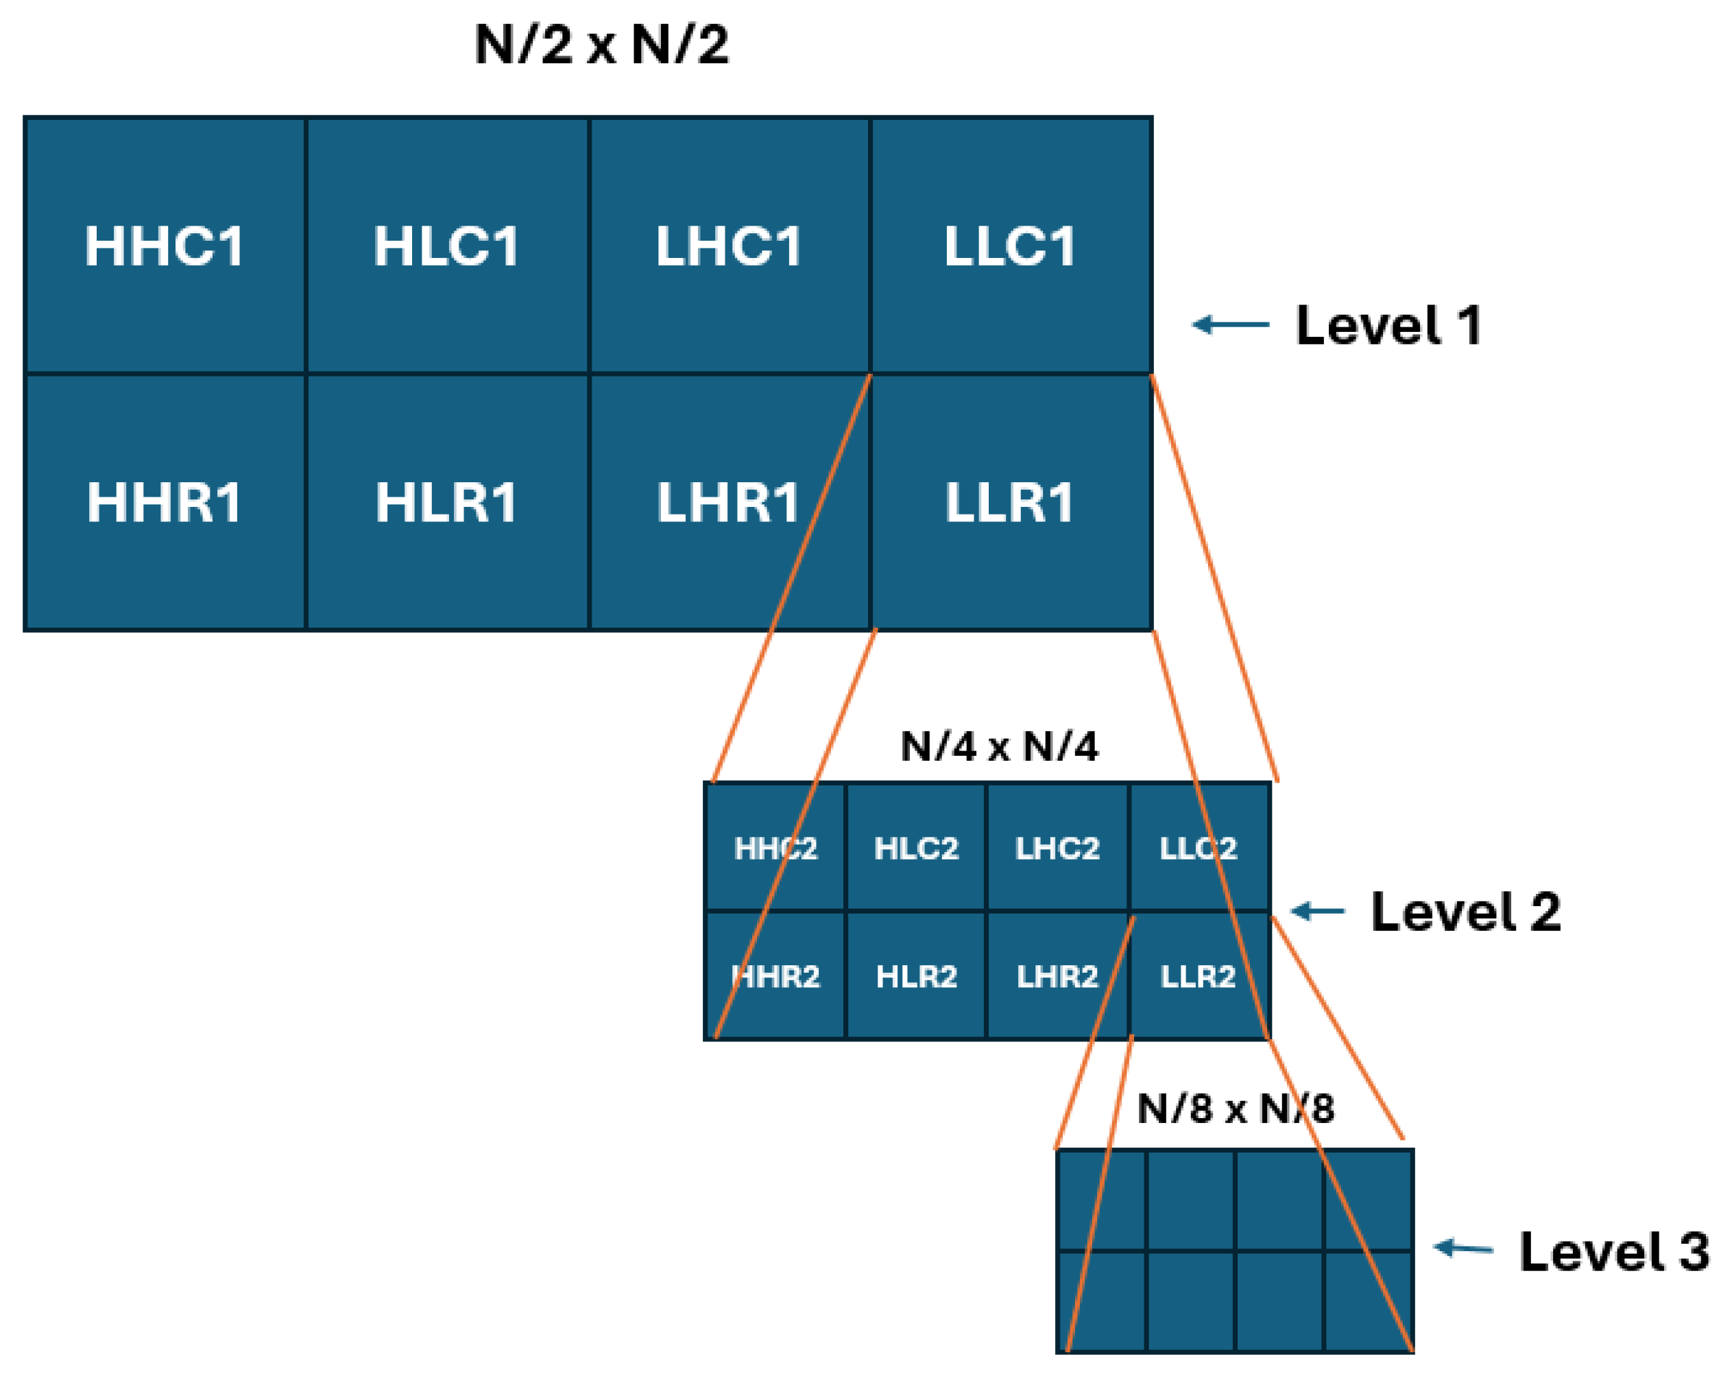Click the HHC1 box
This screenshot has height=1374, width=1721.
coord(165,245)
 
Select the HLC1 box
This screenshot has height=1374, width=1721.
coord(446,245)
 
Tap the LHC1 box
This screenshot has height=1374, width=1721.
coord(728,245)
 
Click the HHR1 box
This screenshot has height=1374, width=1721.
coord(165,502)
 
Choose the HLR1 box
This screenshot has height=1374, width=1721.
coord(446,502)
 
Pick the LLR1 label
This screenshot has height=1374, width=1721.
coord(1010,502)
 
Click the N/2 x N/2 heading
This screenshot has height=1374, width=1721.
coord(601,44)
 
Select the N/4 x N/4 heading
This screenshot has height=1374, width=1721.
coord(998,746)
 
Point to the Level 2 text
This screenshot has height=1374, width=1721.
coord(1465,912)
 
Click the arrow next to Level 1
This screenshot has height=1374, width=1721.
coord(1230,324)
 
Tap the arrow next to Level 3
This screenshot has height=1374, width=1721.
coord(1463,1248)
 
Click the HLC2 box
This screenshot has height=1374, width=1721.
coord(915,848)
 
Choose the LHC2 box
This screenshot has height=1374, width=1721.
coord(1057,848)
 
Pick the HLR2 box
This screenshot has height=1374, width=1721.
coord(915,976)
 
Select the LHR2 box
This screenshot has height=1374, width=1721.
coord(1057,976)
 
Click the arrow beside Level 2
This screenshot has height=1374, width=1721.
coord(1318,911)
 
